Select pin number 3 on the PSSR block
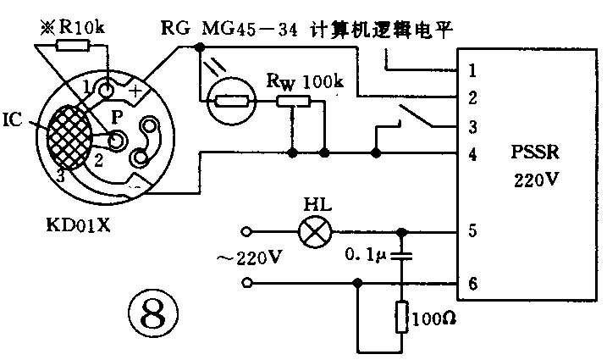point(472,127)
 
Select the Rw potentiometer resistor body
point(293,102)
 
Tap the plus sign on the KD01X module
point(139,86)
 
